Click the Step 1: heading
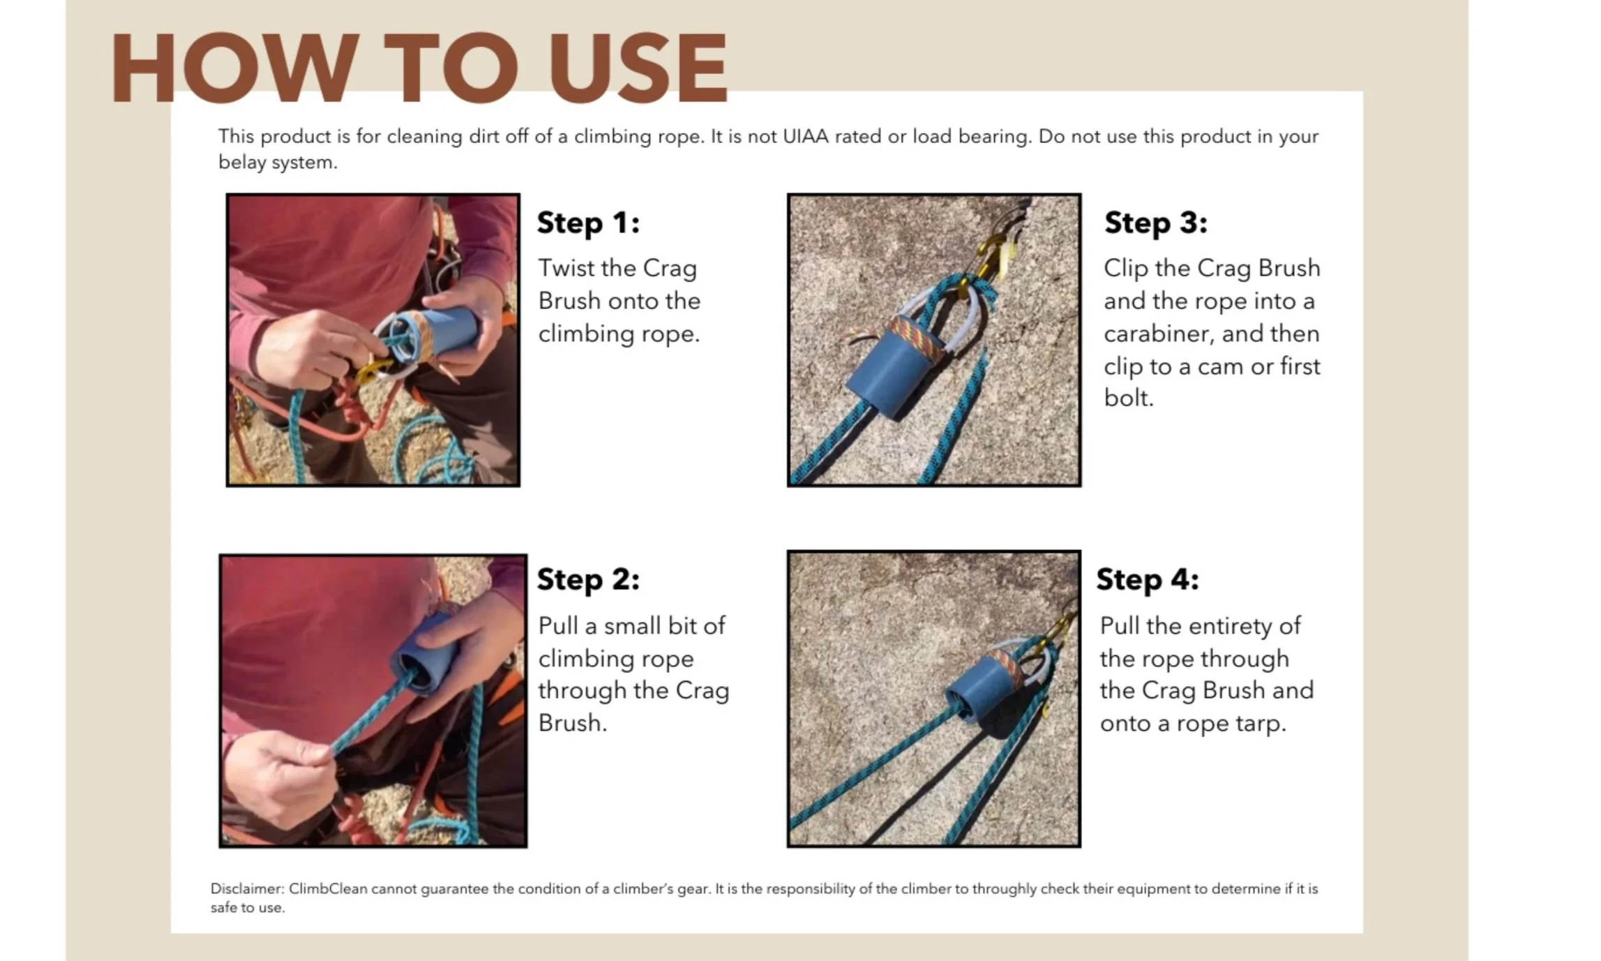(588, 223)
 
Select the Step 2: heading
(588, 579)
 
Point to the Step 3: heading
(1155, 223)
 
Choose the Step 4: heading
(1148, 579)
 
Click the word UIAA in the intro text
(806, 136)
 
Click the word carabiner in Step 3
(1158, 334)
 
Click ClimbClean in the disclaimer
(328, 888)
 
